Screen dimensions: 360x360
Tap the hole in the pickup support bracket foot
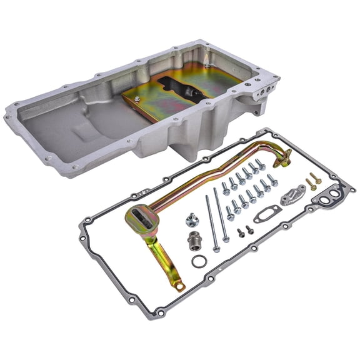(181, 287)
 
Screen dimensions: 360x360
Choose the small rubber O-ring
(197, 260)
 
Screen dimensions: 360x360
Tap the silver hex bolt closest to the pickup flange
(261, 164)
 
